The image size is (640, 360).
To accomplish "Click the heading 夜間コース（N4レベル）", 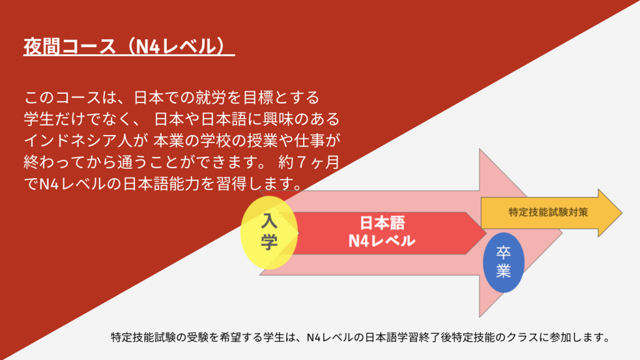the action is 129,46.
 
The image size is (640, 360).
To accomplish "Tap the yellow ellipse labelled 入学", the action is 269,232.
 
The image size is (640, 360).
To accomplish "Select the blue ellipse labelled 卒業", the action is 503,262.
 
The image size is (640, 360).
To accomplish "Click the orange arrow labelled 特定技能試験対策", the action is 551,212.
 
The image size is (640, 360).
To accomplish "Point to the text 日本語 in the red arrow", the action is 382,223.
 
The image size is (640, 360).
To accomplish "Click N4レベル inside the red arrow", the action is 382,241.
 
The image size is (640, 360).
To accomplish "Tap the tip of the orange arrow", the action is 622,212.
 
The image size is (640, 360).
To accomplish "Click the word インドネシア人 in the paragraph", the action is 78,141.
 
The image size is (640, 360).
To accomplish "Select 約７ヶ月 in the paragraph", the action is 309,162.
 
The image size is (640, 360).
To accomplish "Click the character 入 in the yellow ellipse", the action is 269,221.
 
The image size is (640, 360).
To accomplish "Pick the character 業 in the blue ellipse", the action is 503,271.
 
